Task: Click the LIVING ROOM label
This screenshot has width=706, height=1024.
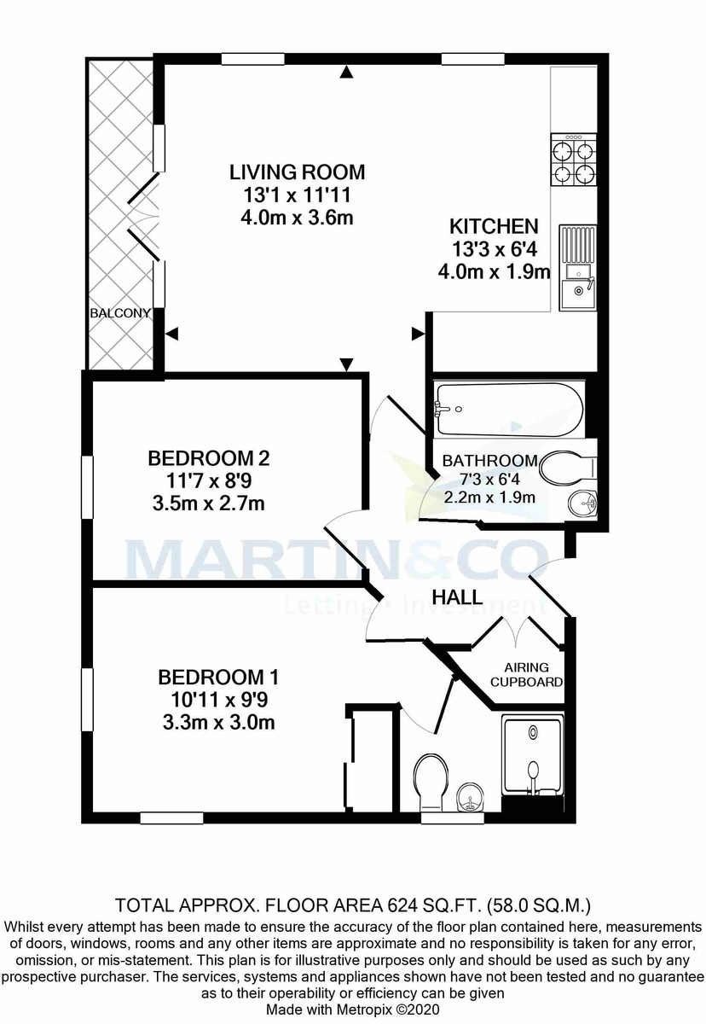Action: pyautogui.click(x=297, y=172)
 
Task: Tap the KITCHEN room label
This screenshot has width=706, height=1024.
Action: pyautogui.click(x=494, y=227)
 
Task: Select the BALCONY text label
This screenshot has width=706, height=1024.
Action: pyautogui.click(x=119, y=313)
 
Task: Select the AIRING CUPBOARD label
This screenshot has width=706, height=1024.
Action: pyautogui.click(x=532, y=674)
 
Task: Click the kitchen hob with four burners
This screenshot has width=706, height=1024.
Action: pyautogui.click(x=573, y=162)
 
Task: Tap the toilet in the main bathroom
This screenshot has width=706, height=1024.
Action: pyautogui.click(x=569, y=466)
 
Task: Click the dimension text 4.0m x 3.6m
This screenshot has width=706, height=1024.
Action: pyautogui.click(x=297, y=218)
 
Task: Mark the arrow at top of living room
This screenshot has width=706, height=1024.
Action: pyautogui.click(x=345, y=73)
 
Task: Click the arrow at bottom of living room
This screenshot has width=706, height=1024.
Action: pyautogui.click(x=345, y=365)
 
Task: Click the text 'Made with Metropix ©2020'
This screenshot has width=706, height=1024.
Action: pyautogui.click(x=352, y=1009)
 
